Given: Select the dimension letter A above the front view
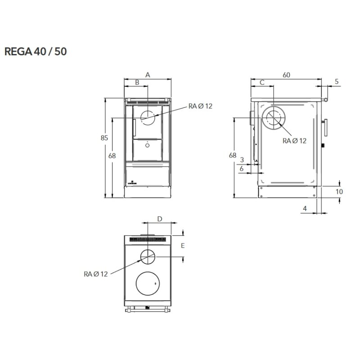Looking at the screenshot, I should (148, 75).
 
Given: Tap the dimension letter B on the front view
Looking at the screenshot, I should (137, 82).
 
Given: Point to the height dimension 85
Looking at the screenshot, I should (104, 138).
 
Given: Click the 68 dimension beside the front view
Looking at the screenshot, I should (112, 156).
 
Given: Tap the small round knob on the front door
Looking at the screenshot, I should (147, 145).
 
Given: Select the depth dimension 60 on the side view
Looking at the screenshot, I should (286, 75).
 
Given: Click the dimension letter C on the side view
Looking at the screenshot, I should (261, 82).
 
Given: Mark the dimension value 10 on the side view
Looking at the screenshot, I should (339, 191).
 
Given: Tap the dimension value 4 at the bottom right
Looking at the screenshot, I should (305, 208).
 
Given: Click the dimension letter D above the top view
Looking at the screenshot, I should (160, 219).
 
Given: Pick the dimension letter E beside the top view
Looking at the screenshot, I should (182, 246).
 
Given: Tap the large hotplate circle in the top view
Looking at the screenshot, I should (147, 284).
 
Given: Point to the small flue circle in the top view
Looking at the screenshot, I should (147, 257).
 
